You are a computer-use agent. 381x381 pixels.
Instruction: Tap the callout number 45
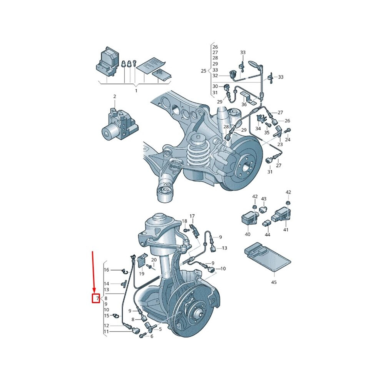(x=274, y=282)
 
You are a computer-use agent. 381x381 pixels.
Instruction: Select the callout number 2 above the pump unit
(x=115, y=97)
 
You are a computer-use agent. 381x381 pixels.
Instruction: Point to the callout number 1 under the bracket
(x=136, y=91)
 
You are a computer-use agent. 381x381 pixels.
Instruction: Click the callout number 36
(x=244, y=104)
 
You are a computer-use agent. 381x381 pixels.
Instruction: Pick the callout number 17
(x=192, y=216)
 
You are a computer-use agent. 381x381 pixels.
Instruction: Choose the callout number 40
(x=247, y=234)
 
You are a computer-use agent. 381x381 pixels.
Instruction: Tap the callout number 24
(x=288, y=140)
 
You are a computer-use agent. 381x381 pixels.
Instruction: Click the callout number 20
(x=154, y=260)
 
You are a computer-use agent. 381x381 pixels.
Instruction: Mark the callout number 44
(x=267, y=234)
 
